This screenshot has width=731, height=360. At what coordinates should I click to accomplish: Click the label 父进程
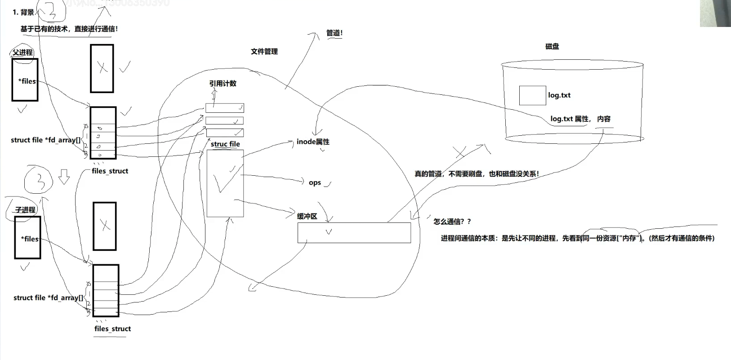(x=22, y=53)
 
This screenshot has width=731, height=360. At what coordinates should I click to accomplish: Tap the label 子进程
(x=25, y=210)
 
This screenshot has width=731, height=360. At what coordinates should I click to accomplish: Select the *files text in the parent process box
(x=27, y=81)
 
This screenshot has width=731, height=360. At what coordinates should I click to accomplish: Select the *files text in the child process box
(x=30, y=239)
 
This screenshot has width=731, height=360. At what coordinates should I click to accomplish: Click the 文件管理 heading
(x=264, y=52)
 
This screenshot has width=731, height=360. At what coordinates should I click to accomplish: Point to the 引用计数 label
(x=223, y=84)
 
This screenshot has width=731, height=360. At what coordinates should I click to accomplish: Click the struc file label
(x=225, y=144)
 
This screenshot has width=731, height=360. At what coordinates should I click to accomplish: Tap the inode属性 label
(x=313, y=142)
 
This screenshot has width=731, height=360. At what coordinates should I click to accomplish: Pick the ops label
(x=315, y=183)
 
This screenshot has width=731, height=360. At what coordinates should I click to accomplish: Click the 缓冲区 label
(x=307, y=216)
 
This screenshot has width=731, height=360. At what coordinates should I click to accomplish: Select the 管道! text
(x=334, y=33)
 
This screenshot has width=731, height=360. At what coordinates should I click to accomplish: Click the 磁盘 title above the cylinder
(x=552, y=46)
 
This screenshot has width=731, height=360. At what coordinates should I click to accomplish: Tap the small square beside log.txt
(x=532, y=95)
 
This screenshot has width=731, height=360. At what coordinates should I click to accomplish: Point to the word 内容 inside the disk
(x=604, y=119)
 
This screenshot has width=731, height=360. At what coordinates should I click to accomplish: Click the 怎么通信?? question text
(x=452, y=222)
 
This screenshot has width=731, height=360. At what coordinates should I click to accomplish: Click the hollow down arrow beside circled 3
(x=64, y=177)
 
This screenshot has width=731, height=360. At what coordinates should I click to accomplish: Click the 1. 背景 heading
(x=23, y=12)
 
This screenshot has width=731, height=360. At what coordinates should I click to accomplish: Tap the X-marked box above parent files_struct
(x=102, y=68)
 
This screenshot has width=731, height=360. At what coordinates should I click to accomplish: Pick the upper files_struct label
(x=110, y=171)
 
